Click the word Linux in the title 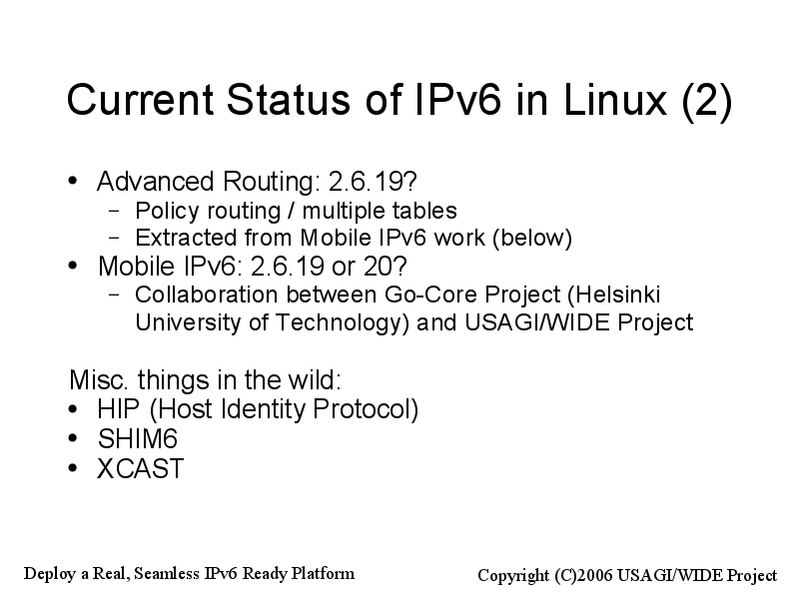615,99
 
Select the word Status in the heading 289,99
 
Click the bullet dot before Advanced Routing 73,181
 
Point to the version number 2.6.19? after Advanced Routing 373,182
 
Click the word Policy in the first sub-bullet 165,211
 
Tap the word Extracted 186,238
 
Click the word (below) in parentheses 532,239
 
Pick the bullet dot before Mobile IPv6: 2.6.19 73,266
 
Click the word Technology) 343,323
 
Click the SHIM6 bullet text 138,439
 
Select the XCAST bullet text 140,468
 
